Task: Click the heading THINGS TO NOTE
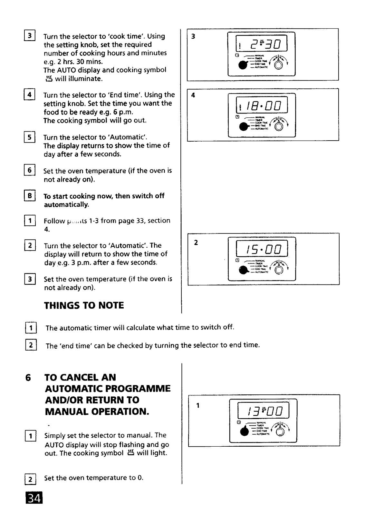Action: (84, 305)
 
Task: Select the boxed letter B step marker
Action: (29, 196)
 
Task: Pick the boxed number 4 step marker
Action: (29, 95)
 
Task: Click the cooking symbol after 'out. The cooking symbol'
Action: (130, 452)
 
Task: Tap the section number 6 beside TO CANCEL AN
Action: (28, 378)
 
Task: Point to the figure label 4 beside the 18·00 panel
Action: (193, 95)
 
